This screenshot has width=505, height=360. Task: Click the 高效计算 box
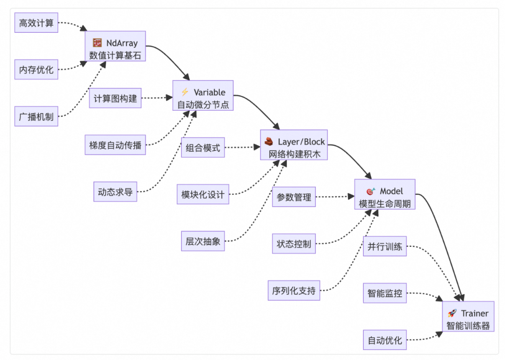click(36, 22)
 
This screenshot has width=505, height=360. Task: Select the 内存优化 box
click(36, 70)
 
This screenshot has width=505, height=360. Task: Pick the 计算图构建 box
click(115, 98)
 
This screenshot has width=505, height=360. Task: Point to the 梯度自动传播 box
click(115, 145)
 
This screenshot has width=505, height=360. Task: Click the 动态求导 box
click(115, 192)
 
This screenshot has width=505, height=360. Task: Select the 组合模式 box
click(203, 148)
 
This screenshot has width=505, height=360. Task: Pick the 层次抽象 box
click(203, 242)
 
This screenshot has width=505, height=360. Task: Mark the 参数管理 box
click(294, 197)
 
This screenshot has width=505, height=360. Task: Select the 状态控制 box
click(294, 244)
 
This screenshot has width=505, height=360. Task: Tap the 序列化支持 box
click(294, 291)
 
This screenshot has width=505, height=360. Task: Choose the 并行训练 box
click(384, 246)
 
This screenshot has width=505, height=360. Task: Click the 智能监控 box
click(384, 294)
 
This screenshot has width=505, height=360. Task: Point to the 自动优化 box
click(384, 340)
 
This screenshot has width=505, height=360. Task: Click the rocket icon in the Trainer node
click(452, 313)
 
